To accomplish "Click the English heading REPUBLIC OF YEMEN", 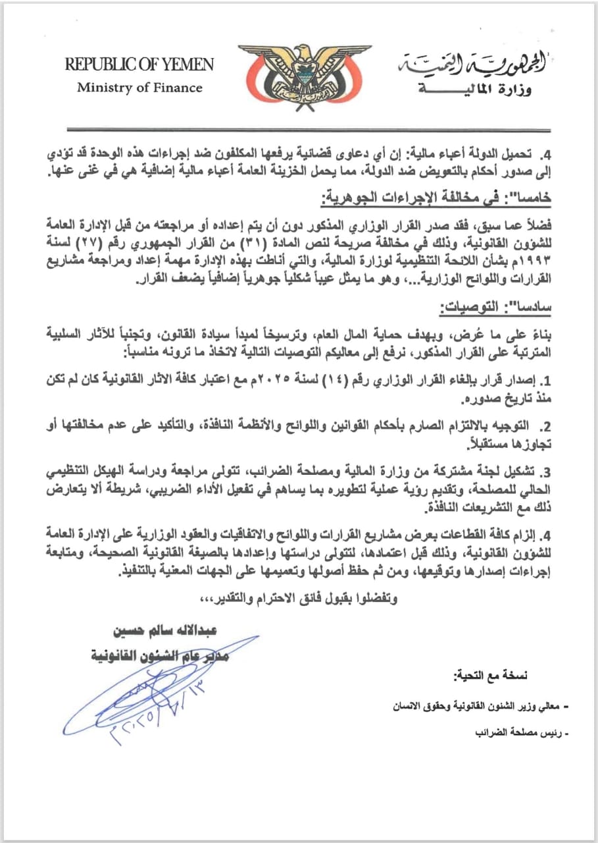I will tap(139, 65).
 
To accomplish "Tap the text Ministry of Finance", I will tap(139, 88).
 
